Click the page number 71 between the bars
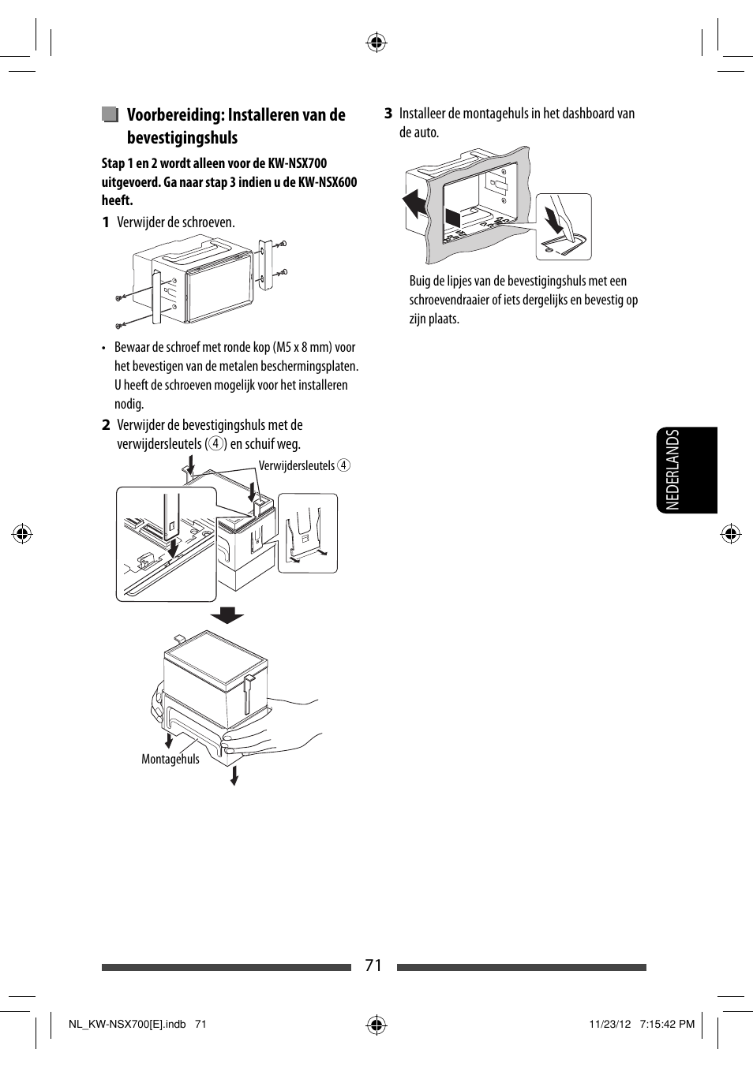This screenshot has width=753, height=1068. pyautogui.click(x=373, y=965)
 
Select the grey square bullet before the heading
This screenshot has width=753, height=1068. pyautogui.click(x=110, y=115)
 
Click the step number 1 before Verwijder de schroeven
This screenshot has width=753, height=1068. pyautogui.click(x=105, y=222)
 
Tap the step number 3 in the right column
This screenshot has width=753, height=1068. pyautogui.click(x=388, y=114)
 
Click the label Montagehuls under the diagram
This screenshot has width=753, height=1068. pyautogui.click(x=170, y=760)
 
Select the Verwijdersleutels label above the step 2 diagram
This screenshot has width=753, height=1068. pyautogui.click(x=297, y=466)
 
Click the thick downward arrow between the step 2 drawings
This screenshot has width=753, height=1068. pyautogui.click(x=227, y=614)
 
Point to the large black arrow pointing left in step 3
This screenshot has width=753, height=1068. pyautogui.click(x=414, y=204)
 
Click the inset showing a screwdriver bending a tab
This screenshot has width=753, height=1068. pyautogui.click(x=563, y=226)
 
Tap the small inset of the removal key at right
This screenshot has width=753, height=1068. pyautogui.click(x=308, y=533)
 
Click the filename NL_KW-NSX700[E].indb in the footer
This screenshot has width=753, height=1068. pyautogui.click(x=127, y=1024)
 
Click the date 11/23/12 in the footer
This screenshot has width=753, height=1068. pyautogui.click(x=609, y=1024)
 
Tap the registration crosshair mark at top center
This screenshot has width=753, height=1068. pyautogui.click(x=376, y=43)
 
